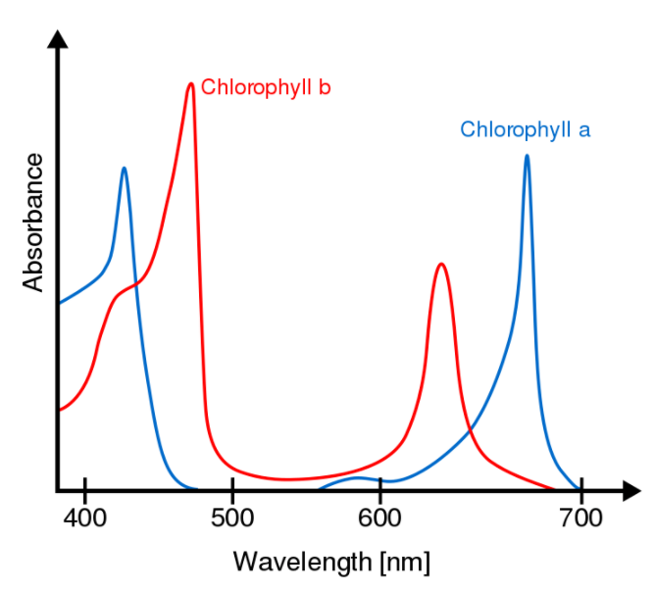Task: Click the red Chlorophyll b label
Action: click(265, 88)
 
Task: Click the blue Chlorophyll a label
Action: click(526, 129)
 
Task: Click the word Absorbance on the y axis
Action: click(33, 222)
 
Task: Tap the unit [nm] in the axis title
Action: click(403, 562)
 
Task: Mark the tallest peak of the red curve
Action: click(191, 84)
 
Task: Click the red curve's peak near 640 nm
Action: click(441, 265)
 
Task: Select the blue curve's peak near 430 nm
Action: click(124, 169)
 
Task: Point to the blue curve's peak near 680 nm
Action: click(527, 156)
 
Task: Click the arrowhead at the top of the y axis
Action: click(58, 39)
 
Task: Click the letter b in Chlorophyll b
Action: click(325, 88)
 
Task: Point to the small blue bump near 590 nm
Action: click(361, 478)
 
